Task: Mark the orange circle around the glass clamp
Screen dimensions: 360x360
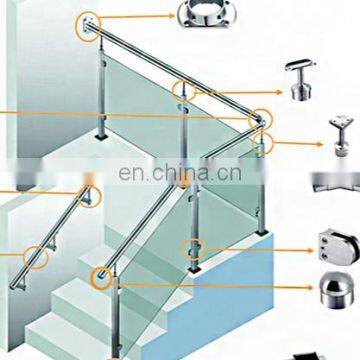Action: point(191,247)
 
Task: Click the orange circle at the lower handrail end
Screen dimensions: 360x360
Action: point(101,274)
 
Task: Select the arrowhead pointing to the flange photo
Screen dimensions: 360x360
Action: point(171,15)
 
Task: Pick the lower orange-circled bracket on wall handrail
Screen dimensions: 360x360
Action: point(45,252)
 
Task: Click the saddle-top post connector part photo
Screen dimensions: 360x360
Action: point(338,135)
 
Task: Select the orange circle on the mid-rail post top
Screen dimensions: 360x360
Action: point(182,90)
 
